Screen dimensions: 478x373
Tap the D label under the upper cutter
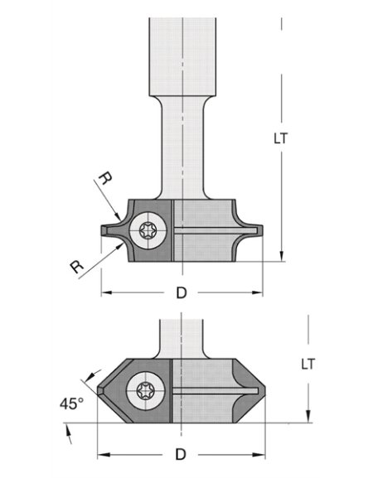point(182,292)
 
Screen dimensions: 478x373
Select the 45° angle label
point(72,404)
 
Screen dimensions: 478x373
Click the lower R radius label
point(77,266)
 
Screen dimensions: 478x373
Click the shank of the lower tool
point(181,336)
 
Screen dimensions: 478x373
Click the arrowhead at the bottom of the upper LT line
point(282,256)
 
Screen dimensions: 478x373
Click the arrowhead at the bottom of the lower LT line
point(308,418)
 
